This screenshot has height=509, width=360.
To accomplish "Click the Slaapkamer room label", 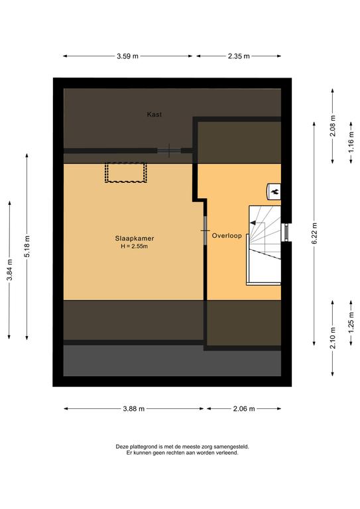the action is (x=135, y=239).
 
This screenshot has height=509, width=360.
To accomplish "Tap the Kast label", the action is (x=154, y=114).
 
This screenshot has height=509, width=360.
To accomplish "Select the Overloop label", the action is (x=227, y=236).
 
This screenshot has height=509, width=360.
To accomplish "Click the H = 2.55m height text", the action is (x=135, y=247).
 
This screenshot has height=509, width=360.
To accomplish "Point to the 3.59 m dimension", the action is (x=127, y=56).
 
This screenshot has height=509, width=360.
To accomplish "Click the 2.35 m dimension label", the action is (x=239, y=56).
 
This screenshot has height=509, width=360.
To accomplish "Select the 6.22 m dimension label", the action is (x=314, y=234).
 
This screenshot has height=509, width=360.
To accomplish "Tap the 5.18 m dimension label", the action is (x=27, y=247).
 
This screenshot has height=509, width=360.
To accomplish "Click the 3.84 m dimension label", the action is (x=9, y=270).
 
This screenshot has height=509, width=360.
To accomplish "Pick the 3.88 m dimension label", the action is (x=134, y=409).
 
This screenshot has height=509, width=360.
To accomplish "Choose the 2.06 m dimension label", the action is (x=244, y=409).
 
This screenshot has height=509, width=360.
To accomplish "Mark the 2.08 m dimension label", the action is (x=333, y=126).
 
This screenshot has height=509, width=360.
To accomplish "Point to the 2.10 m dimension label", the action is (x=333, y=338).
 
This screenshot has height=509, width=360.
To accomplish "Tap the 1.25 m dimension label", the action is (x=351, y=321).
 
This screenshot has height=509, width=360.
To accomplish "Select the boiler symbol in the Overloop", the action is (x=274, y=192).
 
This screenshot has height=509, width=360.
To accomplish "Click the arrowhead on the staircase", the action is (x=253, y=223).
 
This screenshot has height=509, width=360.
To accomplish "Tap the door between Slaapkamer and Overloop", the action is (x=206, y=231).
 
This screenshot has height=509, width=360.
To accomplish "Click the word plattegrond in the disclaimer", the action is (x=143, y=447).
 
